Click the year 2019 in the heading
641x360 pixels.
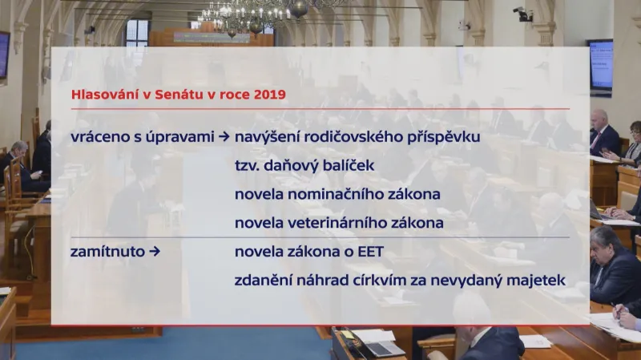[x=269, y=94]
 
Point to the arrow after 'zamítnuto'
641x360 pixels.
[x=155, y=252]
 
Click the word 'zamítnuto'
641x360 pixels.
[x=108, y=252]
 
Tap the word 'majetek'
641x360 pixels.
[x=537, y=281]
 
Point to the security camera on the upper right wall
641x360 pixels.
[x=523, y=14]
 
